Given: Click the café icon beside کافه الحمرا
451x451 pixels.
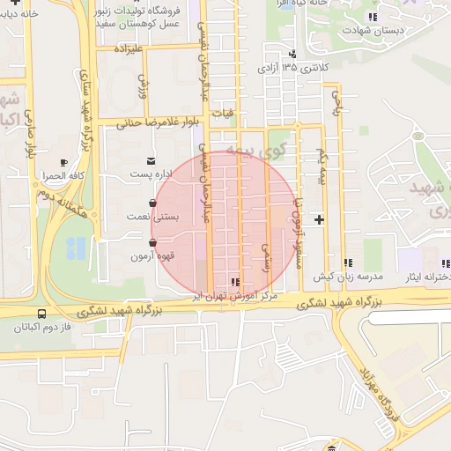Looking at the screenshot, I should click(x=63, y=162).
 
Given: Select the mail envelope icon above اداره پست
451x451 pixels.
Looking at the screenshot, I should click(x=152, y=161).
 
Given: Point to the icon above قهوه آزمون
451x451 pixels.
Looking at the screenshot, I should click(x=153, y=242).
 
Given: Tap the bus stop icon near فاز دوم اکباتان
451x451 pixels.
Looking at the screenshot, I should click(x=41, y=313).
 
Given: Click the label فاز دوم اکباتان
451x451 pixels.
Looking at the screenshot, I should click(x=41, y=327).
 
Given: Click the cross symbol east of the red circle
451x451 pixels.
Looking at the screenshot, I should click(x=319, y=218).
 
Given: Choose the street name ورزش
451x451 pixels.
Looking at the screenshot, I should click(x=142, y=85).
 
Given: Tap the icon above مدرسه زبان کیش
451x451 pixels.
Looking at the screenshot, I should click(x=348, y=262).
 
